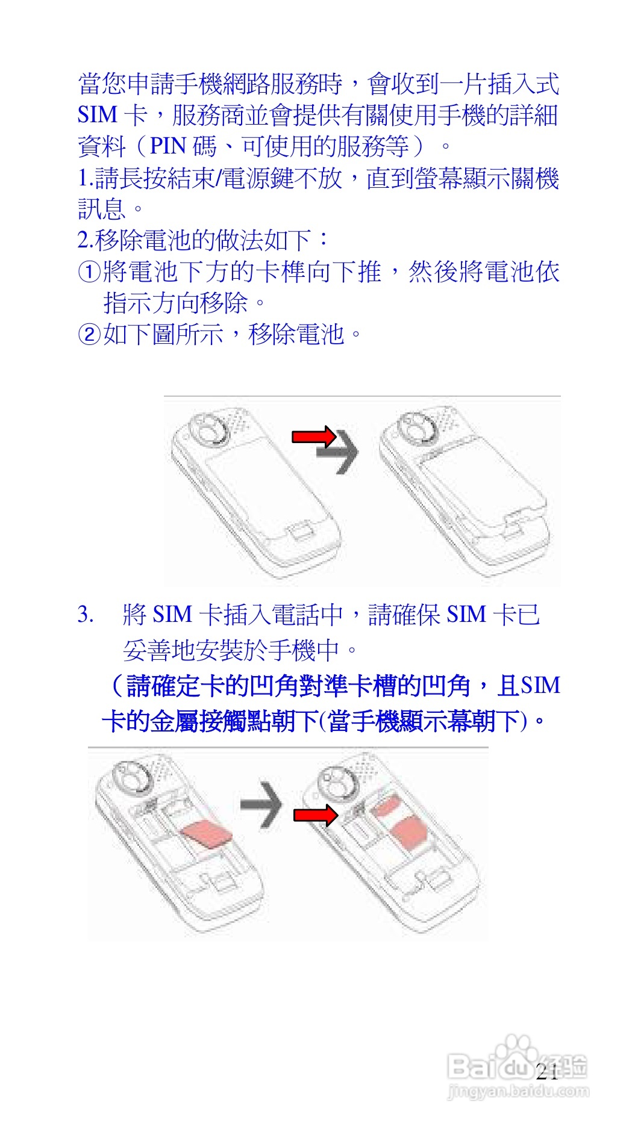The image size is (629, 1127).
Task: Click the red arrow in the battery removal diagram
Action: (313, 436)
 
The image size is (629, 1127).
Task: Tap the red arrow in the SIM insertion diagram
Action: (315, 815)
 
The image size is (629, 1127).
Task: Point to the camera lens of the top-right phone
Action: (417, 429)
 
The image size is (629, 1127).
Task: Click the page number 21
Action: (546, 1072)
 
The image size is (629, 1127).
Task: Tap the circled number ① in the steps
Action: (89, 272)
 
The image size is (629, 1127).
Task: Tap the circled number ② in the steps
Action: (89, 334)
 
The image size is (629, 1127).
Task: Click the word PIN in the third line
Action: (167, 146)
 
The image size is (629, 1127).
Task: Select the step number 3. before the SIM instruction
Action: (85, 615)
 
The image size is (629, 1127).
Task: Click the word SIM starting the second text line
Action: (97, 115)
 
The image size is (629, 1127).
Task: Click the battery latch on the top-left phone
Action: (299, 530)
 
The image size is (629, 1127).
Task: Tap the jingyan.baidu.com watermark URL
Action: (519, 1091)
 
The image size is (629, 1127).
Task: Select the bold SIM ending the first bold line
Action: (540, 686)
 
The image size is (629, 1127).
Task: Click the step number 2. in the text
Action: (85, 240)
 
